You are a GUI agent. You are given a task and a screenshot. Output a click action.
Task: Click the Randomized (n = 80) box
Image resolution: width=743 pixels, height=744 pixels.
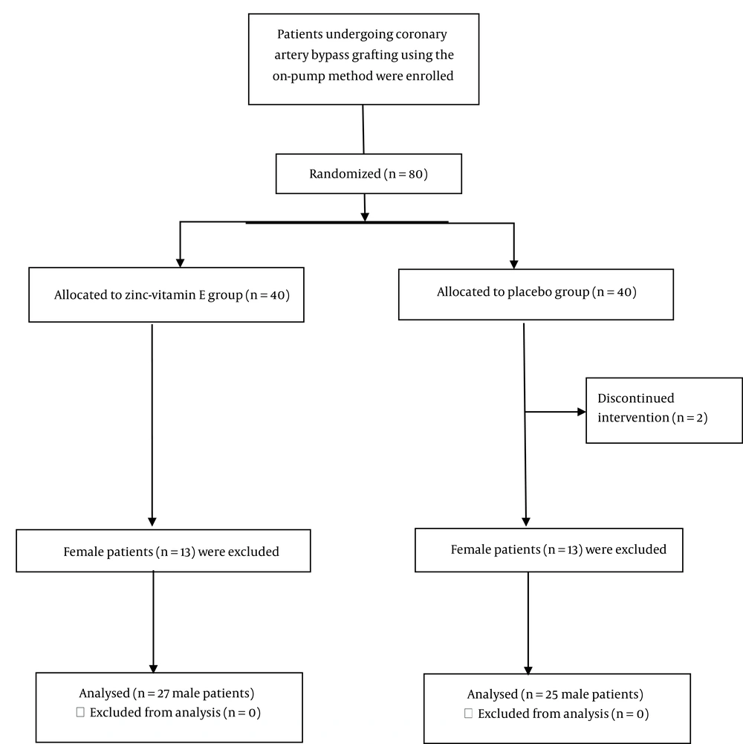(369, 174)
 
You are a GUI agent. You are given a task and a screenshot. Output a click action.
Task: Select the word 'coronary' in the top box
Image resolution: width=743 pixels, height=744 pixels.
(422, 35)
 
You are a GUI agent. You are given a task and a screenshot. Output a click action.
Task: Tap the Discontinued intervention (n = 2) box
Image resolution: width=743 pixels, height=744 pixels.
(664, 410)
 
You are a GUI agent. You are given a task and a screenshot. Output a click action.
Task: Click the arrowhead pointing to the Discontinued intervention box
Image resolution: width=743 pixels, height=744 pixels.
(581, 412)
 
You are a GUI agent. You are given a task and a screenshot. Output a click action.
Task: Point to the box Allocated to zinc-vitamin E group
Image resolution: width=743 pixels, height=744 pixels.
(166, 294)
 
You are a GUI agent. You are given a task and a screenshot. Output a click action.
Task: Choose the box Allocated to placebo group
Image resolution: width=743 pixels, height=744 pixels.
(536, 294)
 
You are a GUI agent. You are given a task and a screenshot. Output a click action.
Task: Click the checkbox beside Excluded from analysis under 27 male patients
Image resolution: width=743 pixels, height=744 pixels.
(80, 712)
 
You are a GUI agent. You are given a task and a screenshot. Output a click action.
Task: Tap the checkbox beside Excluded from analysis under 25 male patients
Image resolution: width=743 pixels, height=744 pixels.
(468, 714)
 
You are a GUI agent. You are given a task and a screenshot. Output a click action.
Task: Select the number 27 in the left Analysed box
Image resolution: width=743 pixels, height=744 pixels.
(163, 693)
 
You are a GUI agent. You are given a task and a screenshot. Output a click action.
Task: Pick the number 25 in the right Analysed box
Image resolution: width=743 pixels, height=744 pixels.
(551, 695)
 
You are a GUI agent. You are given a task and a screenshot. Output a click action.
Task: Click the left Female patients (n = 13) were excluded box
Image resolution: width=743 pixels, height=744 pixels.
(163, 551)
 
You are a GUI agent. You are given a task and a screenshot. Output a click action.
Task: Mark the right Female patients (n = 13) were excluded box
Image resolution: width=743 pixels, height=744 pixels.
(549, 550)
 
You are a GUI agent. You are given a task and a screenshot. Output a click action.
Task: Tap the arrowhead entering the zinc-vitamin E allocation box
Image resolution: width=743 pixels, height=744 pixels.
(180, 263)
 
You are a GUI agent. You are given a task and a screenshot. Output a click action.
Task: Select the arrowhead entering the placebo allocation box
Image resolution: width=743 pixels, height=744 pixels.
(514, 265)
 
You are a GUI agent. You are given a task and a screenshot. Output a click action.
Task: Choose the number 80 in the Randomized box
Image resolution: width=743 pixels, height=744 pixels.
(415, 174)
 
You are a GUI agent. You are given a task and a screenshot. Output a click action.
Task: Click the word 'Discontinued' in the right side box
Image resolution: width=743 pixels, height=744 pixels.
(636, 398)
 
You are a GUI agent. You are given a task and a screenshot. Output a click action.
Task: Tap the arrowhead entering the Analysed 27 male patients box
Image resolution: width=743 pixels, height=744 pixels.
(153, 668)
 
